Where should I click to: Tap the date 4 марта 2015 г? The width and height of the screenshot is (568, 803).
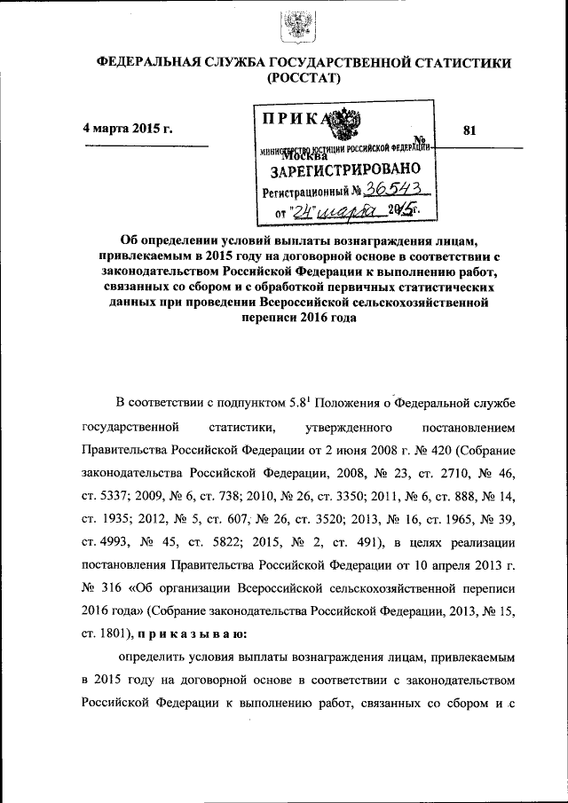(x=127, y=130)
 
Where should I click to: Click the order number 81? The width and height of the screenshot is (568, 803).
(x=470, y=130)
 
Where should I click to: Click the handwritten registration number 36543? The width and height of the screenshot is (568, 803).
(x=403, y=189)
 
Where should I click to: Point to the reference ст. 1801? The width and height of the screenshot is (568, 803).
(x=106, y=634)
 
